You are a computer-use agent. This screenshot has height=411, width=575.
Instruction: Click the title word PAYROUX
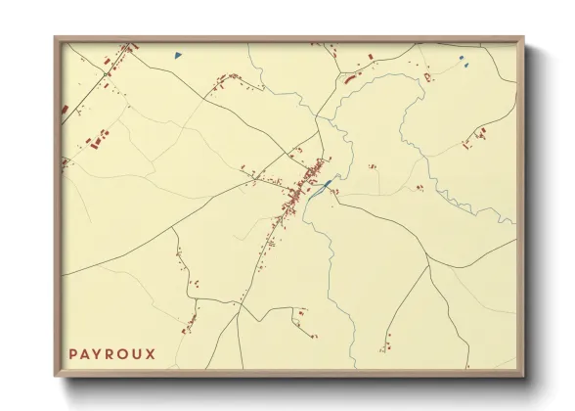[x=111, y=352]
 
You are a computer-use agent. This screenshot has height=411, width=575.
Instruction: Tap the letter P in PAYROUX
[x=73, y=352]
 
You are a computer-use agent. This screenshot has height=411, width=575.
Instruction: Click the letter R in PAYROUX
[x=111, y=352]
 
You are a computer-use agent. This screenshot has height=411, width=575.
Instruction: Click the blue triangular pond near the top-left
[x=177, y=56]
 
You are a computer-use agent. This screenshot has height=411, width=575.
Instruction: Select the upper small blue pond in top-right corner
[x=461, y=58]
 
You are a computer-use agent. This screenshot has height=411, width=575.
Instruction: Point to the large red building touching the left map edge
[x=65, y=108]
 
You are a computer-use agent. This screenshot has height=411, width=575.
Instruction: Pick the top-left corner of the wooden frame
[x=56, y=38]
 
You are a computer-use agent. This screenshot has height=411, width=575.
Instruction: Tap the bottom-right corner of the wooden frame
[x=523, y=377]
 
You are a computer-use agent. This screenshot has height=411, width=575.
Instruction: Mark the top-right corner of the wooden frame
[x=523, y=38]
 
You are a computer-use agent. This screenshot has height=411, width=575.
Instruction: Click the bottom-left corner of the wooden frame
[x=56, y=377]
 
